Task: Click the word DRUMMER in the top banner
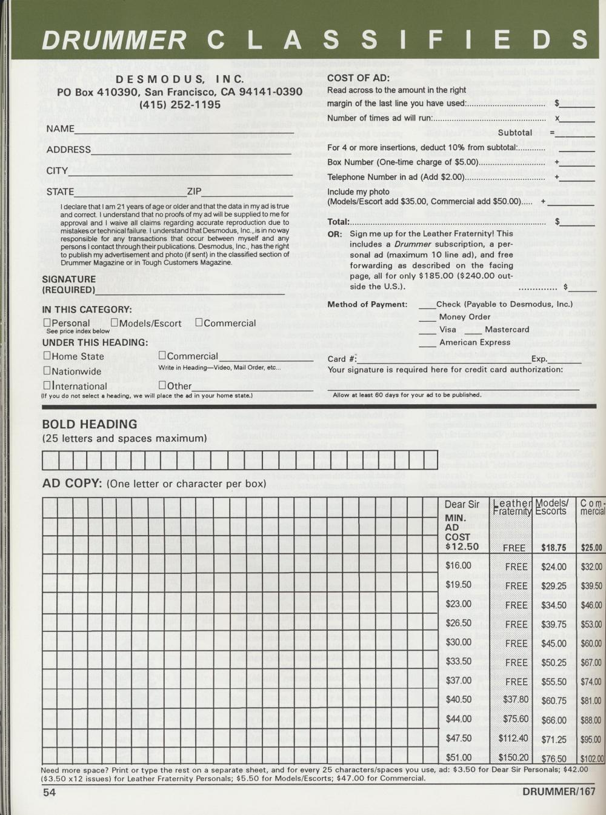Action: click(115, 40)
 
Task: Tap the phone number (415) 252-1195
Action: click(180, 104)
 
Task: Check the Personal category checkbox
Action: click(47, 323)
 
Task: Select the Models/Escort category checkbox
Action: click(115, 323)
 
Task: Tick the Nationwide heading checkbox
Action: click(47, 371)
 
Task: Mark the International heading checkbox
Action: click(47, 385)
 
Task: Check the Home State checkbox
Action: click(47, 356)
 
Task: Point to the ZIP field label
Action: click(194, 191)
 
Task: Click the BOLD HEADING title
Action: click(90, 424)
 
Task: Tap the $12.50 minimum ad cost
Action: click(462, 547)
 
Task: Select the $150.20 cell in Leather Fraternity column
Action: click(513, 757)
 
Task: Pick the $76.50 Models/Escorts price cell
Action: click(554, 758)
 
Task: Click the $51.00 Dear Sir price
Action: click(458, 757)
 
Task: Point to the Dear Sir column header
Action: click(462, 504)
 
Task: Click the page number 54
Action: click(49, 792)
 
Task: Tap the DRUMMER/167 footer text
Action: click(559, 791)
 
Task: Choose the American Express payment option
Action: click(475, 342)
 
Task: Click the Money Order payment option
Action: click(465, 317)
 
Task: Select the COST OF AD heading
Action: click(358, 78)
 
